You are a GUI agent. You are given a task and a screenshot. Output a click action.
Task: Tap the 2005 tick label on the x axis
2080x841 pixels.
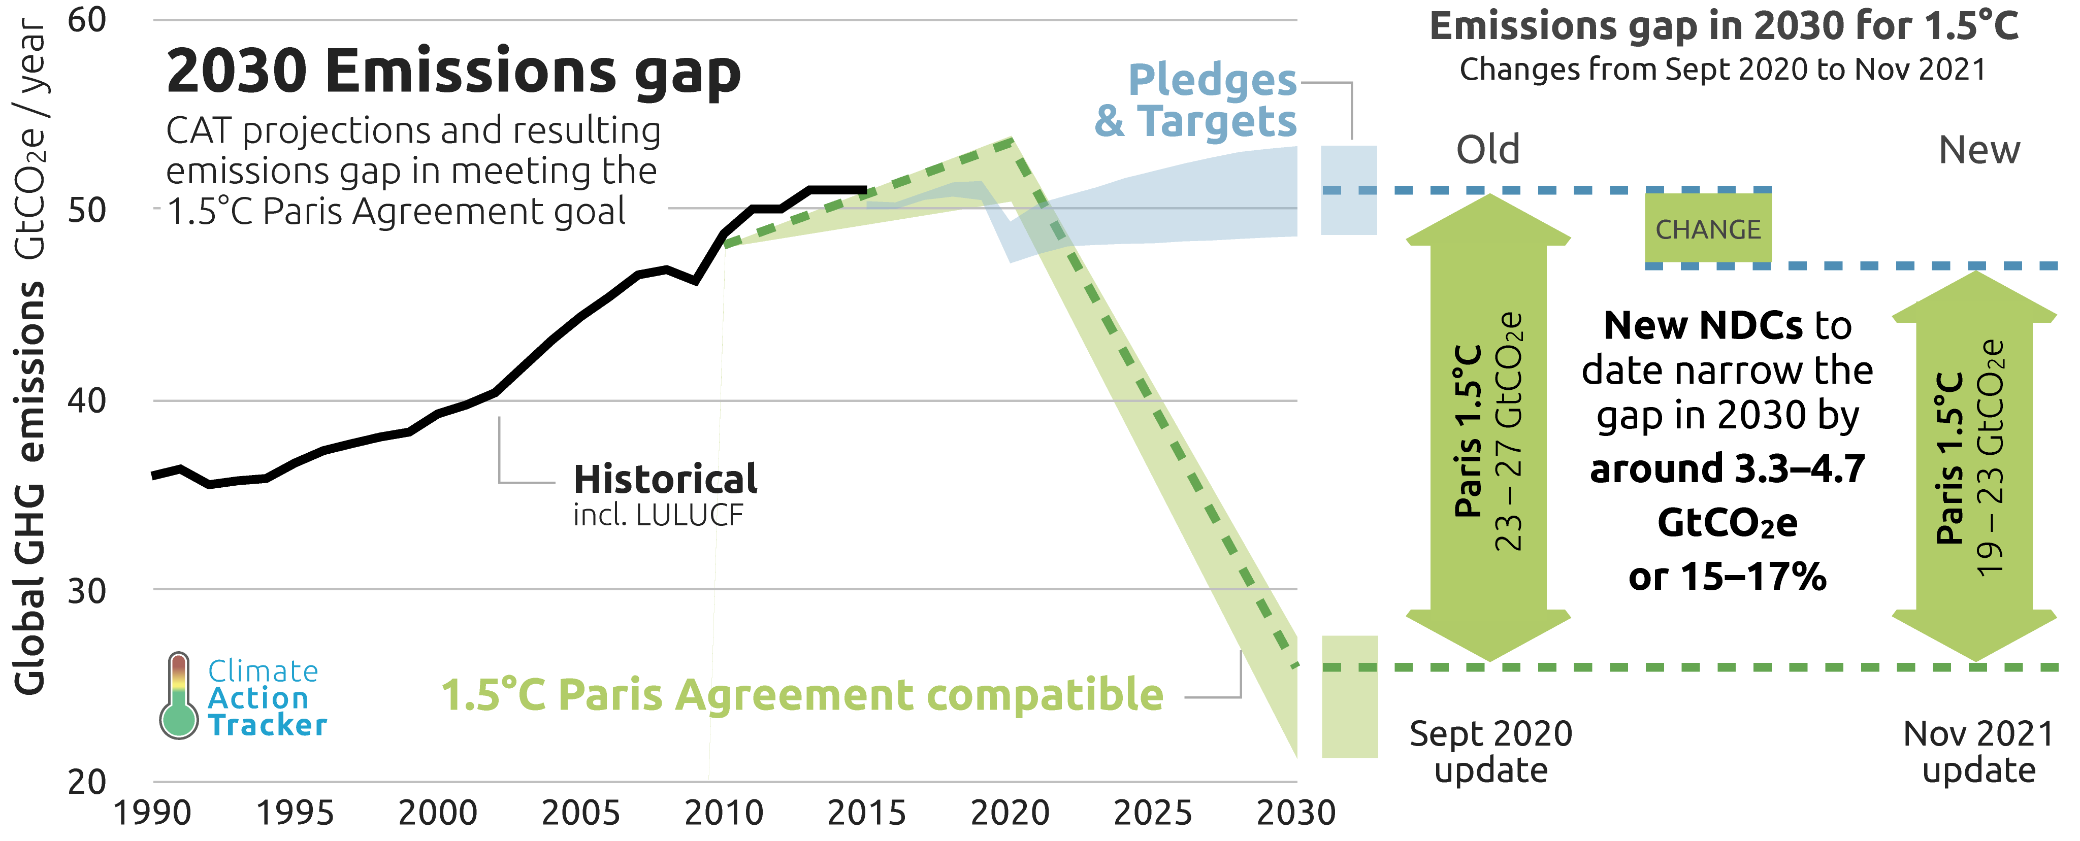point(580,813)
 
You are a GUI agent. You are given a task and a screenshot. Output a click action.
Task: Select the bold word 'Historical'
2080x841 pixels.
point(665,480)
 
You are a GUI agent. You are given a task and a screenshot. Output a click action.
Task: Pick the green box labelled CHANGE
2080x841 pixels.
point(1708,229)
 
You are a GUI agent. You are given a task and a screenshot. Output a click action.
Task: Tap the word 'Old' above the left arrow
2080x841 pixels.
point(1487,150)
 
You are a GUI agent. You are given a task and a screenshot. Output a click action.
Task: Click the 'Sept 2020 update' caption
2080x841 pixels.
point(1490,751)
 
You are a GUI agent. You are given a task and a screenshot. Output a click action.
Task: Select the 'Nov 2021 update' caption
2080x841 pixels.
point(1978,751)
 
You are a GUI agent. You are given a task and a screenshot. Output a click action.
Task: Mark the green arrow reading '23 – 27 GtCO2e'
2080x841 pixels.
point(1488,428)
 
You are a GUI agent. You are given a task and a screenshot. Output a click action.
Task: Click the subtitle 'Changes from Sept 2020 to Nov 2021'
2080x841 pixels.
point(1722,70)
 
